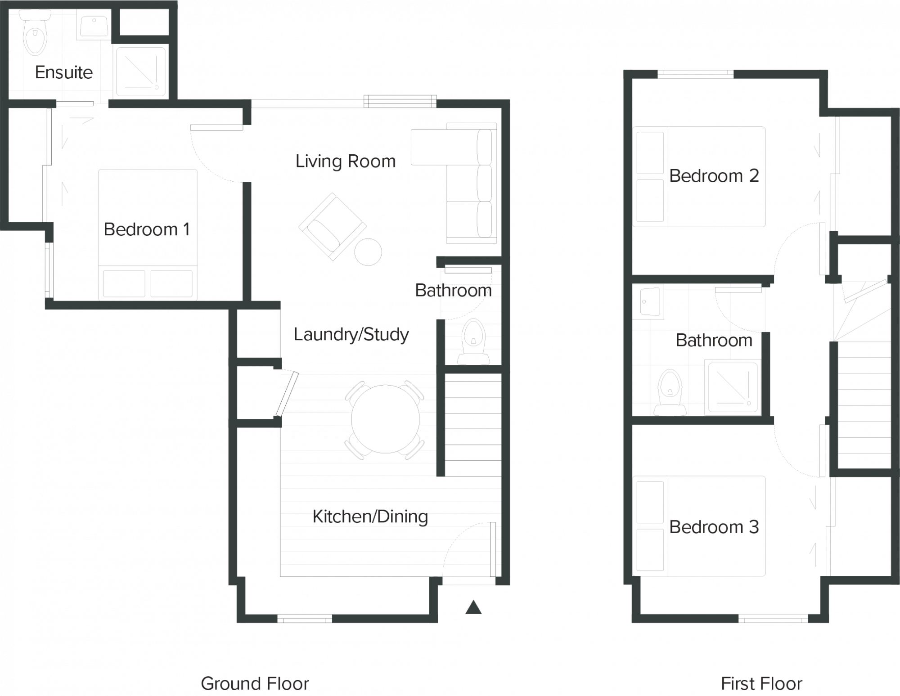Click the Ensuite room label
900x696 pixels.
pos(64,72)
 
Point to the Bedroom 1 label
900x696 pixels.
pos(147,229)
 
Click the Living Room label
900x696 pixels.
pos(345,161)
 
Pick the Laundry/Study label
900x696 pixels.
pos(351,334)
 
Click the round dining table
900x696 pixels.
pos(385,419)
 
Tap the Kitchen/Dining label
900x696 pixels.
pos(370,517)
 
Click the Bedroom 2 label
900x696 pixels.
pos(714,175)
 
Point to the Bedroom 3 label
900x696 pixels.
pos(714,527)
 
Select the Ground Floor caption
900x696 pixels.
pos(255,683)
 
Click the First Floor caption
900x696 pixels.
pos(761,683)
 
